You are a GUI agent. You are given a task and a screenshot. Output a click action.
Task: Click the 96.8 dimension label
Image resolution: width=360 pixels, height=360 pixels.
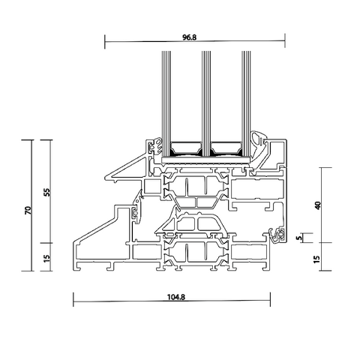[189, 37]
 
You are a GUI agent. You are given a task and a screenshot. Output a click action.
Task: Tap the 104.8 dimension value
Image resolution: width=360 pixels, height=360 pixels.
[176, 297]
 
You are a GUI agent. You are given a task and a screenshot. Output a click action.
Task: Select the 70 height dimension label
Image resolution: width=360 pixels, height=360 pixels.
[28, 210]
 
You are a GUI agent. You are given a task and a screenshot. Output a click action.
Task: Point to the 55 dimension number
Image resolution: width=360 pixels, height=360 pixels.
[46, 192]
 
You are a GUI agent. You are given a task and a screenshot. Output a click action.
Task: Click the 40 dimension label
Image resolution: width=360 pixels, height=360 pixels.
[317, 205]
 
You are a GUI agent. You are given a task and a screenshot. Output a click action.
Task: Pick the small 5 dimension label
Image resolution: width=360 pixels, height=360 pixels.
[298, 238]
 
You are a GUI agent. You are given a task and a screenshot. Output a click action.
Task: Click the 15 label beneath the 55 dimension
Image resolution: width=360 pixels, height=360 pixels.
[46, 259]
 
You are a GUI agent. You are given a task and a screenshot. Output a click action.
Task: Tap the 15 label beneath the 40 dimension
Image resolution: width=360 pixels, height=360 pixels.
[316, 259]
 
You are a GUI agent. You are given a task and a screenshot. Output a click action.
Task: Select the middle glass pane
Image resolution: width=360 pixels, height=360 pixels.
[206, 105]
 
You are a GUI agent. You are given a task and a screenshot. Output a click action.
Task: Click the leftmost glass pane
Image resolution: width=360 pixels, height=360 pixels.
[166, 105]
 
